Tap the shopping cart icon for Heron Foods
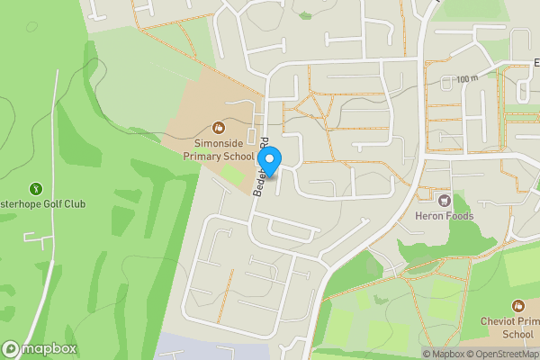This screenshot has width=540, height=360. click(443, 198)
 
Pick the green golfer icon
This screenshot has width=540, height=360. click(36, 188)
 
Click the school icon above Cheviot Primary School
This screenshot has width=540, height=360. click(517, 306)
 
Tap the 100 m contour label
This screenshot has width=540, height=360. click(466, 79)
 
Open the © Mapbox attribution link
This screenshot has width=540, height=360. click(445, 354)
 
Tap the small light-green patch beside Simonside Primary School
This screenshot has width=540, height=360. click(233, 177)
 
